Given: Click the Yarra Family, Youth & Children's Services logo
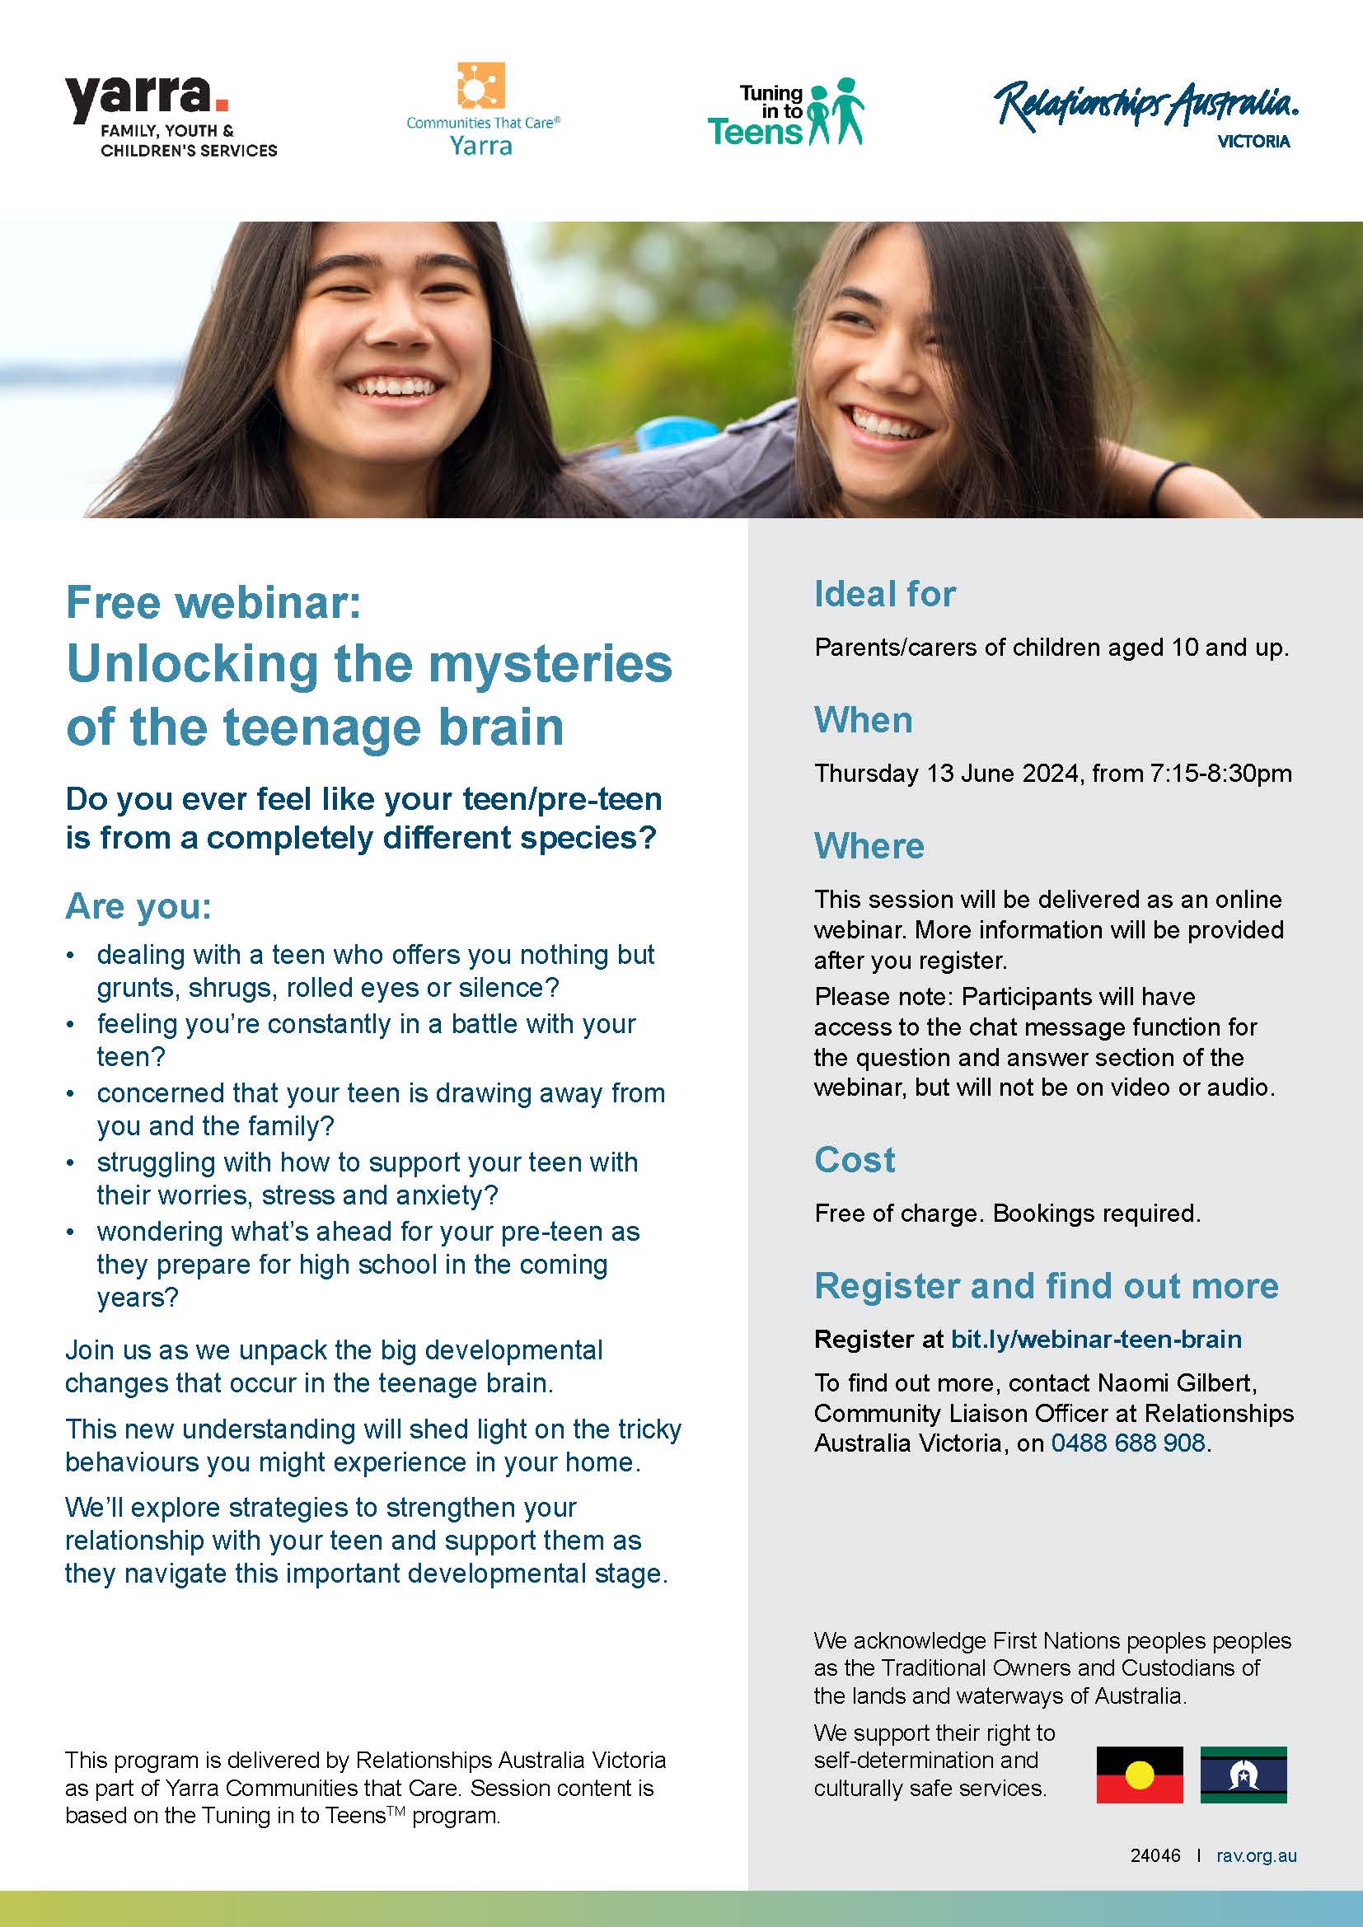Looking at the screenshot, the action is point(171,116).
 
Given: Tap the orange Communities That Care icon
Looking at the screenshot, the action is point(481,87).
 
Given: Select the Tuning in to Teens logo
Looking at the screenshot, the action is point(785,114).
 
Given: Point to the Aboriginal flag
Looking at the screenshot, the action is point(1140,1775).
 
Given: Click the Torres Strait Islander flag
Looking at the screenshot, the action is point(1243,1775).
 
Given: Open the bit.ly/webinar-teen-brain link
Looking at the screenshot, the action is point(1096,1339).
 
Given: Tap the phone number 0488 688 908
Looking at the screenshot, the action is point(1128,1443).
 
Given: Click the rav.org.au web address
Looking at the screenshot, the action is point(1257,1855).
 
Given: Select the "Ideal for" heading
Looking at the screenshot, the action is point(884,594).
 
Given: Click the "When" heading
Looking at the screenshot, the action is point(863,720).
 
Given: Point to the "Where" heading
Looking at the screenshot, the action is point(869,846).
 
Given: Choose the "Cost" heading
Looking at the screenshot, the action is point(855,1160).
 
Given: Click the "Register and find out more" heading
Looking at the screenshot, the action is point(1047,1286).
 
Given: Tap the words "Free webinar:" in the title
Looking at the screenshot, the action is point(213,602).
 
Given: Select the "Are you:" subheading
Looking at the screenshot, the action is point(138,905).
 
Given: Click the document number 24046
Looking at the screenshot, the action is point(1155,1855).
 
